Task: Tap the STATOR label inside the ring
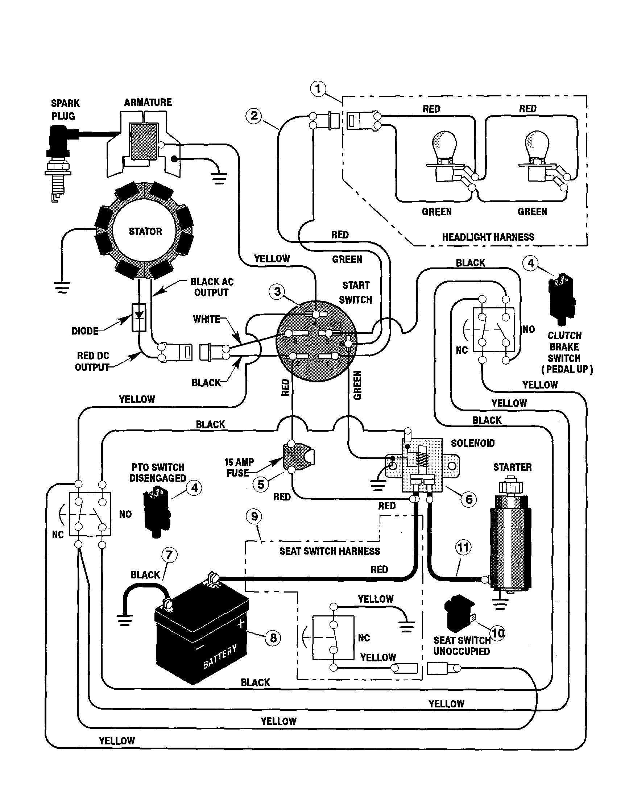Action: [x=145, y=231]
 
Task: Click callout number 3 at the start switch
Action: [x=277, y=291]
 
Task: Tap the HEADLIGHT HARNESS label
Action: [x=488, y=237]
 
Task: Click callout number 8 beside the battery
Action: [x=273, y=638]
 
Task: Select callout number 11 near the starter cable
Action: [x=463, y=547]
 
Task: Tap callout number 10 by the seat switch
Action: [x=497, y=633]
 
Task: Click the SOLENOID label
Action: [x=472, y=443]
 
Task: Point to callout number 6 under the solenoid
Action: [x=469, y=499]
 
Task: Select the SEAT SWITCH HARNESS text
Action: [x=329, y=551]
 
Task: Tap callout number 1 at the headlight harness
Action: [x=318, y=89]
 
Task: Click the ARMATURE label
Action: [x=148, y=102]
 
